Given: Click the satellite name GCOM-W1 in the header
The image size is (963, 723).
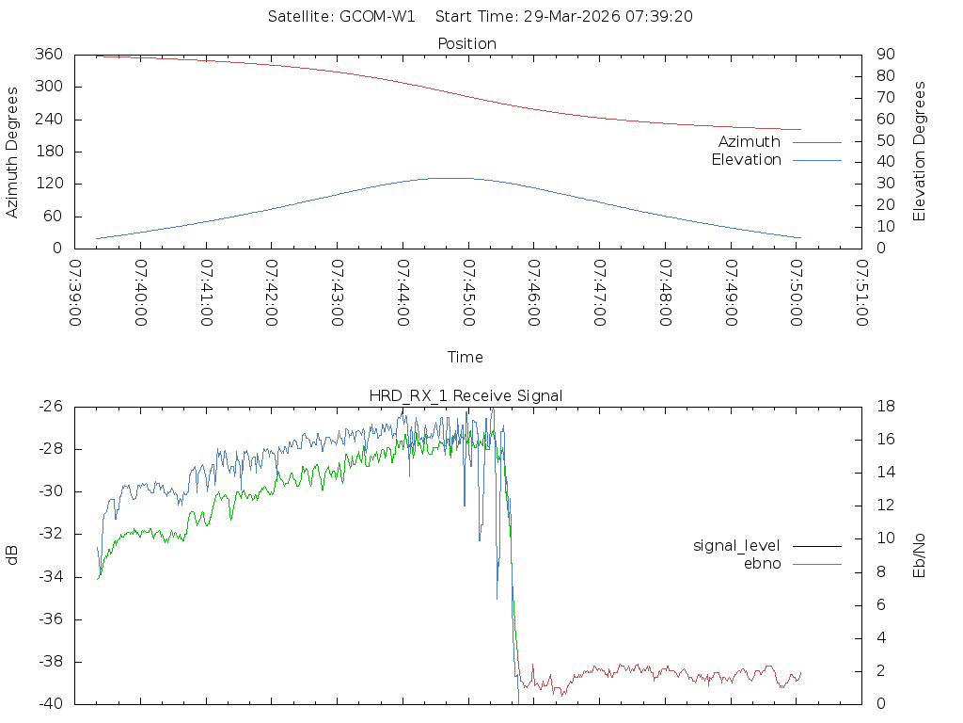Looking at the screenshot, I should [377, 17].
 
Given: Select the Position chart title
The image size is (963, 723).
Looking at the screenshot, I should [467, 43].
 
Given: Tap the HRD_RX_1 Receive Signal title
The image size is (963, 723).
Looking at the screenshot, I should [466, 395].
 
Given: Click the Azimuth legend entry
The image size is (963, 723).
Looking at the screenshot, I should [750, 142].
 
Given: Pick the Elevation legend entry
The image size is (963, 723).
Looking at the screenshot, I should [746, 160].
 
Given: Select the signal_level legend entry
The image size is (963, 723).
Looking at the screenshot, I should [736, 545].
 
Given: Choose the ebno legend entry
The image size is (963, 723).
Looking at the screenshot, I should [763, 563].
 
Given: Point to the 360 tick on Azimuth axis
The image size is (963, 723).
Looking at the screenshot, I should [49, 55].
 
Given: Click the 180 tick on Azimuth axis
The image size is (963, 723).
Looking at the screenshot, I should [49, 152].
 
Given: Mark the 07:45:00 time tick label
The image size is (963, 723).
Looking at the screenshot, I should [467, 293].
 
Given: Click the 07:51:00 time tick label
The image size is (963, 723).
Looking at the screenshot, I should [861, 293].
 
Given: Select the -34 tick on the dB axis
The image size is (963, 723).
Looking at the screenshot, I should [49, 577].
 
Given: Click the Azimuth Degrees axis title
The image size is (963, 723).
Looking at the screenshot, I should [13, 152].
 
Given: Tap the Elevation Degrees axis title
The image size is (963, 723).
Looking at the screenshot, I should [920, 152].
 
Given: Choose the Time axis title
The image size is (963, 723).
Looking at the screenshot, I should [466, 358].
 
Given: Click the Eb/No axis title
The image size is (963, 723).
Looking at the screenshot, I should [920, 555].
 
